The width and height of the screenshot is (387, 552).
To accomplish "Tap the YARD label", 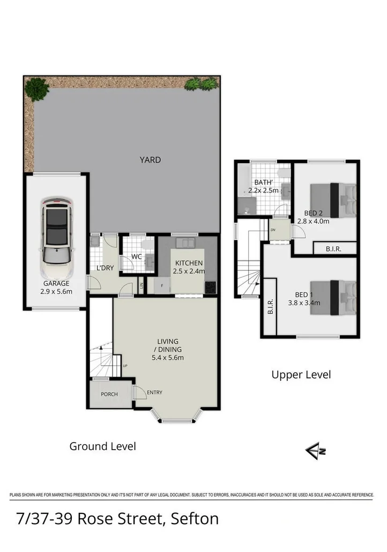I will tap(150, 160).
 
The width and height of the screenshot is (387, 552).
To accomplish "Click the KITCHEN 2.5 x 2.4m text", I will tap(188, 267).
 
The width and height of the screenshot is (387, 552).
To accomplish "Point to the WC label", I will tap(137, 257).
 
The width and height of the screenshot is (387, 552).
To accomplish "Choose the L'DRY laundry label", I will tap(105, 268).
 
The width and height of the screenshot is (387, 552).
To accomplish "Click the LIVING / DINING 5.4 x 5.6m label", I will tap(167, 349).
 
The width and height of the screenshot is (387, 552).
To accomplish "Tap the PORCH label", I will tap(109, 395).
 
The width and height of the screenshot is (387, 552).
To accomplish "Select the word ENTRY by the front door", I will tap(154, 393).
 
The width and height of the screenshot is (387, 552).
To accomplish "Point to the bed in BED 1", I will tap(333, 291).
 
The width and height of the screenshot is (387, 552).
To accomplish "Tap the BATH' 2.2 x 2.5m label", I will tap(263, 186).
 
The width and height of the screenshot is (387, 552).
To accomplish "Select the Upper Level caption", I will tap(301, 374).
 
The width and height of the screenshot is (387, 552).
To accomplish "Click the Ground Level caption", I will tap(102, 446).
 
